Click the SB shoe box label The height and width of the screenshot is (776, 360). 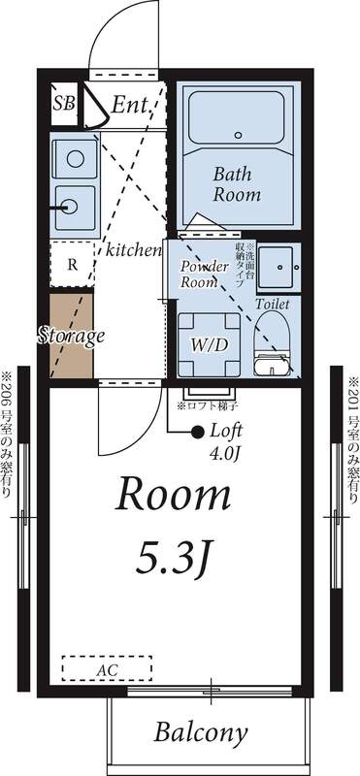tap(64, 103)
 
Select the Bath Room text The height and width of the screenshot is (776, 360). tap(237, 183)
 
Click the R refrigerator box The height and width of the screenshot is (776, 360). tap(73, 264)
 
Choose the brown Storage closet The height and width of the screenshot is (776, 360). tap(72, 336)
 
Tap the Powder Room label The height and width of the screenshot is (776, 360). tap(205, 274)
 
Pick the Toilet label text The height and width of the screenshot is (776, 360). tap(273, 304)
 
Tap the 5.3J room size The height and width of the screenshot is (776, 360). tap(175, 558)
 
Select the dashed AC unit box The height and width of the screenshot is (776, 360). tap(107, 668)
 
